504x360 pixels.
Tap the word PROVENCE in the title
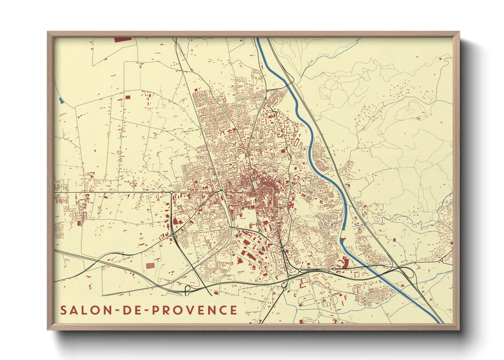click(194, 310)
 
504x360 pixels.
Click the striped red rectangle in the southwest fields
click(150, 265)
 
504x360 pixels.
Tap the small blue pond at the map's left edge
click(61, 101)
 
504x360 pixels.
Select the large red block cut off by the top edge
click(123, 40)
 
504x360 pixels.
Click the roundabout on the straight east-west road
click(171, 193)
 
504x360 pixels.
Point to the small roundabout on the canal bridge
click(335, 269)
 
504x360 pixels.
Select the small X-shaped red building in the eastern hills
click(418, 118)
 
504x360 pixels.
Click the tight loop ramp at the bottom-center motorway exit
click(188, 289)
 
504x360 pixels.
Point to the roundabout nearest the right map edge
click(441, 260)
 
